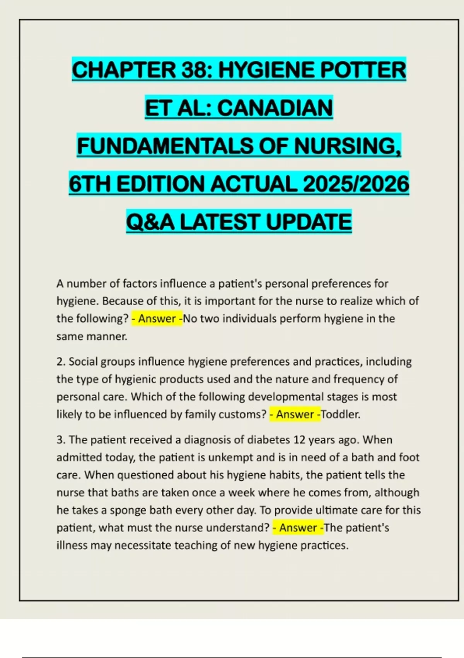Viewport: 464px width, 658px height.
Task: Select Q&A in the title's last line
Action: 150,222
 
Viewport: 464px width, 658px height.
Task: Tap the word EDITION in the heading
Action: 160,184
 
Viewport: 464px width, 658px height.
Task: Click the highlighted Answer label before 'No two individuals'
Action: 157,319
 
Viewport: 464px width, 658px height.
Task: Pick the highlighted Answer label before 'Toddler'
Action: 295,414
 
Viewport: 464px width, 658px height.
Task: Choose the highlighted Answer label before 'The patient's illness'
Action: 298,528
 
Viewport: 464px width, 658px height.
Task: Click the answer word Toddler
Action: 340,414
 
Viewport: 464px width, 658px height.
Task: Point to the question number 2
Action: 60,362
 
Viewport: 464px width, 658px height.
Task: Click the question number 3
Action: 60,440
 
